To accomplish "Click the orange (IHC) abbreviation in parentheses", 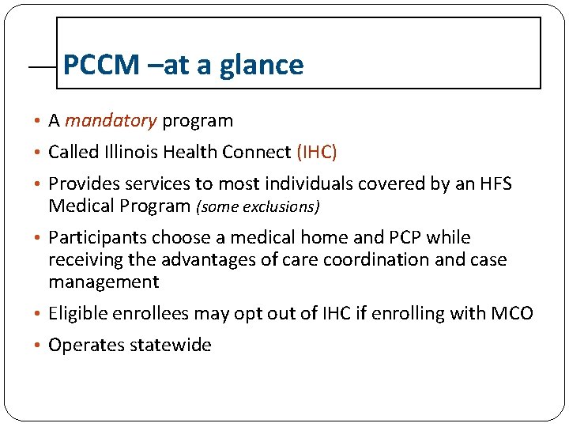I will click(317, 152).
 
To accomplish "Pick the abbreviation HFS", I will click(496, 184).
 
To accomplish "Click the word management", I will click(104, 282).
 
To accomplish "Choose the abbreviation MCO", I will click(512, 314).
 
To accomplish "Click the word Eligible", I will click(77, 314).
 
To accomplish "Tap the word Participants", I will click(97, 238).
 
